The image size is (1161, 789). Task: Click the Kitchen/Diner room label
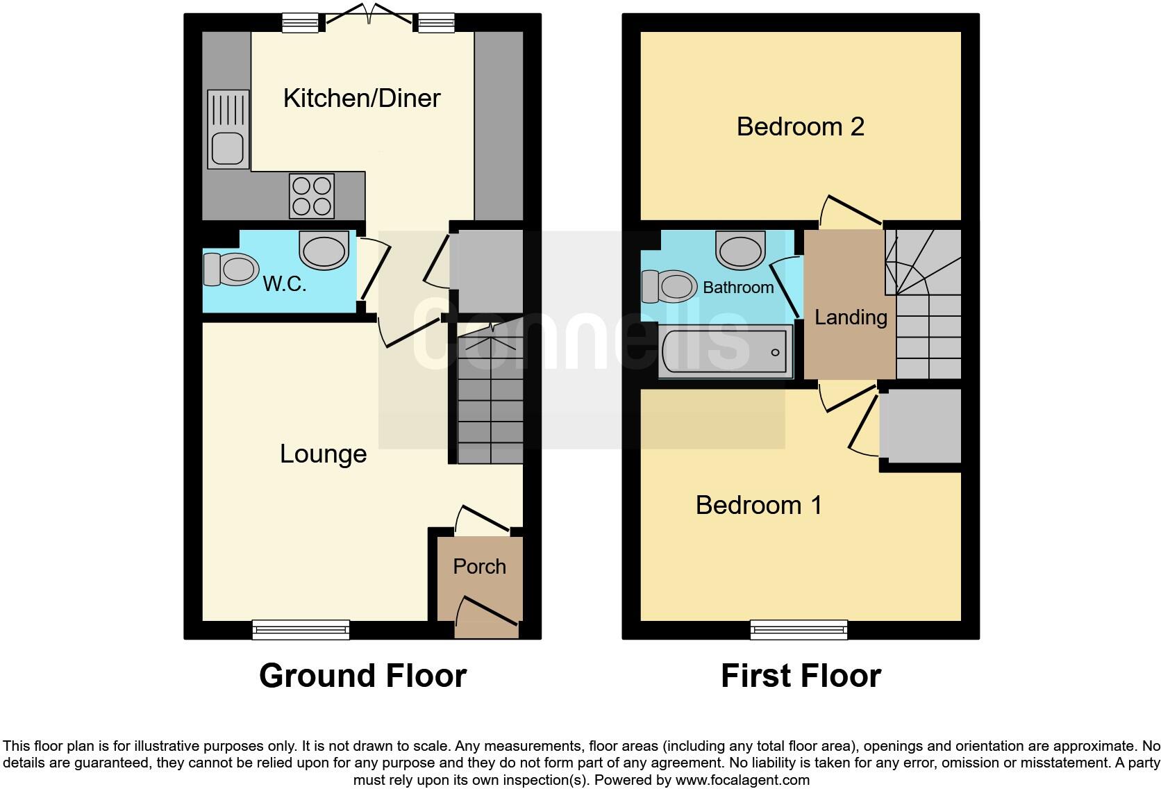point(362,98)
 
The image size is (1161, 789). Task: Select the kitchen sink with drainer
point(228,130)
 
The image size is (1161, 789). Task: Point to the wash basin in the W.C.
point(324,250)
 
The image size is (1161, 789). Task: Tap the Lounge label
point(323,454)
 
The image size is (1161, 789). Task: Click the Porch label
point(479,567)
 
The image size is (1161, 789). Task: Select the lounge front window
point(301,629)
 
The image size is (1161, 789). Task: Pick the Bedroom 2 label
point(800,126)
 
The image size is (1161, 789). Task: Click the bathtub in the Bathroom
point(725,352)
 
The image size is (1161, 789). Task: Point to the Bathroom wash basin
point(741,249)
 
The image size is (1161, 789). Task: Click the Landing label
point(851,317)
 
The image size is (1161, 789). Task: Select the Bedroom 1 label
point(758,505)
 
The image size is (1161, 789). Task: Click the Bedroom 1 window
point(799,629)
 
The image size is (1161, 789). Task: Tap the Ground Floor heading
point(362,676)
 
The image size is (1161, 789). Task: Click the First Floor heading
point(801,676)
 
